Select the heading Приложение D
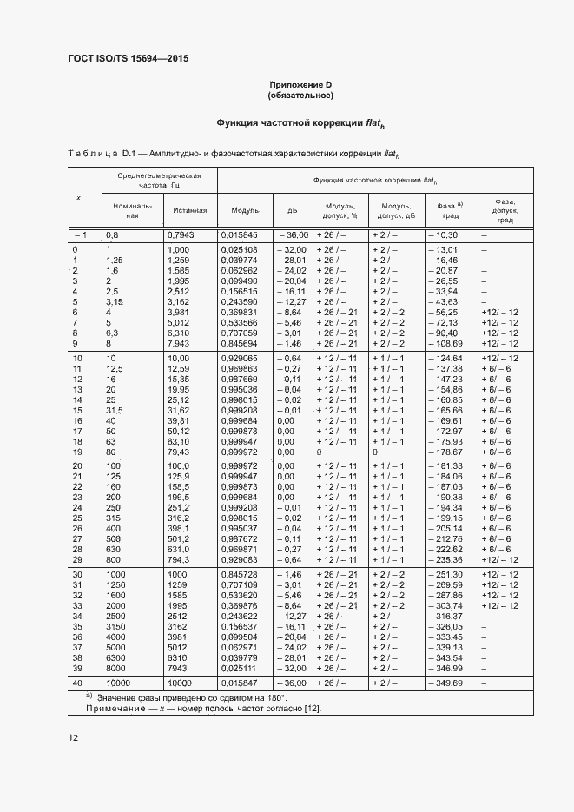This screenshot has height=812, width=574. click(300, 84)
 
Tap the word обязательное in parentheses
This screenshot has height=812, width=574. click(300, 96)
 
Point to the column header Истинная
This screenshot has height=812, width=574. click(189, 210)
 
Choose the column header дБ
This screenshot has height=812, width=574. click(291, 210)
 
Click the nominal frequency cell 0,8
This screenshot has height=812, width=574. click(112, 235)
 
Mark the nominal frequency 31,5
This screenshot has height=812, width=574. click(115, 409)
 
